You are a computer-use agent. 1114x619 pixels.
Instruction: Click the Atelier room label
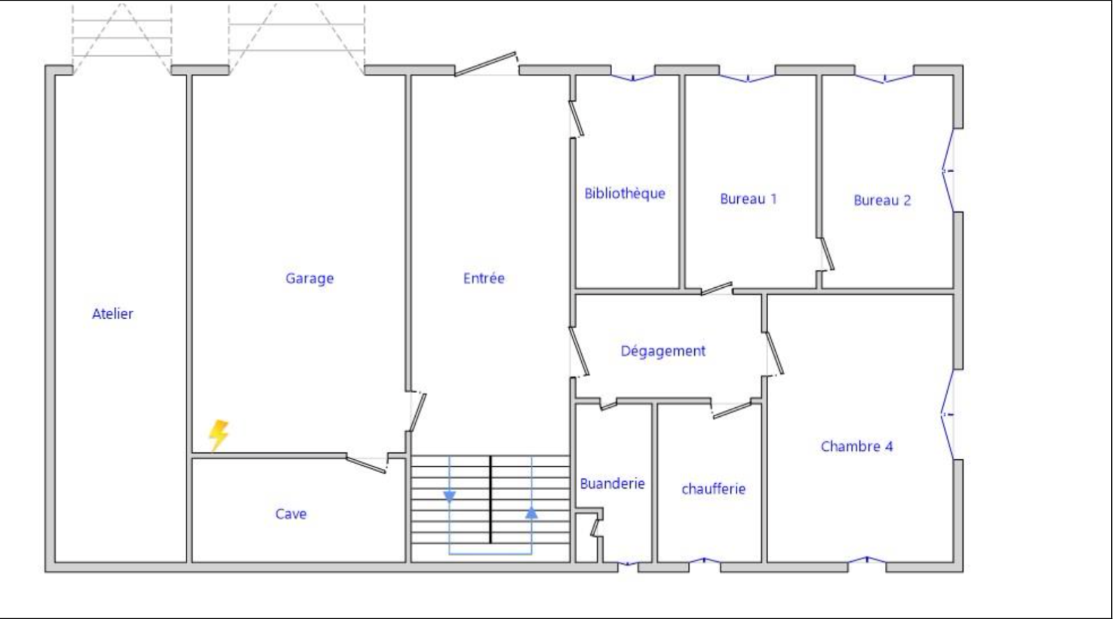tap(112, 314)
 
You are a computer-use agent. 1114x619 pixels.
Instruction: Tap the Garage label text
tap(309, 278)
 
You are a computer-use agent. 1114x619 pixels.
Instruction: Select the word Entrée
tap(484, 278)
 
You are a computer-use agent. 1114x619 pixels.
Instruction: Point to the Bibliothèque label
tap(625, 193)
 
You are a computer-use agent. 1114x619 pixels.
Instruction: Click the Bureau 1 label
tap(748, 199)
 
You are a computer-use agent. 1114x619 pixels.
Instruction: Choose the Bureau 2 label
tap(882, 200)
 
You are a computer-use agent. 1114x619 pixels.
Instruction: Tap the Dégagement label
tap(663, 351)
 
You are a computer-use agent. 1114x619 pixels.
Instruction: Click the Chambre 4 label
tap(857, 446)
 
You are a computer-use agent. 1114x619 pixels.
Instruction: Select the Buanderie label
tap(612, 484)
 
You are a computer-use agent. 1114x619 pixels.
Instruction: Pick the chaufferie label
tap(714, 489)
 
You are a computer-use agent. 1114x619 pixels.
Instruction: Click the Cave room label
tap(291, 514)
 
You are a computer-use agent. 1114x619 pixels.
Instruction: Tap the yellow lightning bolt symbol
tap(219, 436)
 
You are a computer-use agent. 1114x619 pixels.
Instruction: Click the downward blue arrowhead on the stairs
tap(450, 496)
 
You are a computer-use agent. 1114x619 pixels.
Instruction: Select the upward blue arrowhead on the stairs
tap(532, 512)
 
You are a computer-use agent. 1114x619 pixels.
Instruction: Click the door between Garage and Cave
tap(366, 464)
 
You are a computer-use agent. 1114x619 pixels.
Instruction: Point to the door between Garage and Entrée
tap(417, 412)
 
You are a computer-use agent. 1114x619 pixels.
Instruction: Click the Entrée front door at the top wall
tap(486, 64)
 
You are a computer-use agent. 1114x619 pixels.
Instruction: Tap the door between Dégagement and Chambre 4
tap(774, 353)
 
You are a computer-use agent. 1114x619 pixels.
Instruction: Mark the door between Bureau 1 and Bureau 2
tap(827, 254)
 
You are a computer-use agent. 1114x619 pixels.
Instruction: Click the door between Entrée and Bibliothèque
tap(576, 119)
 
